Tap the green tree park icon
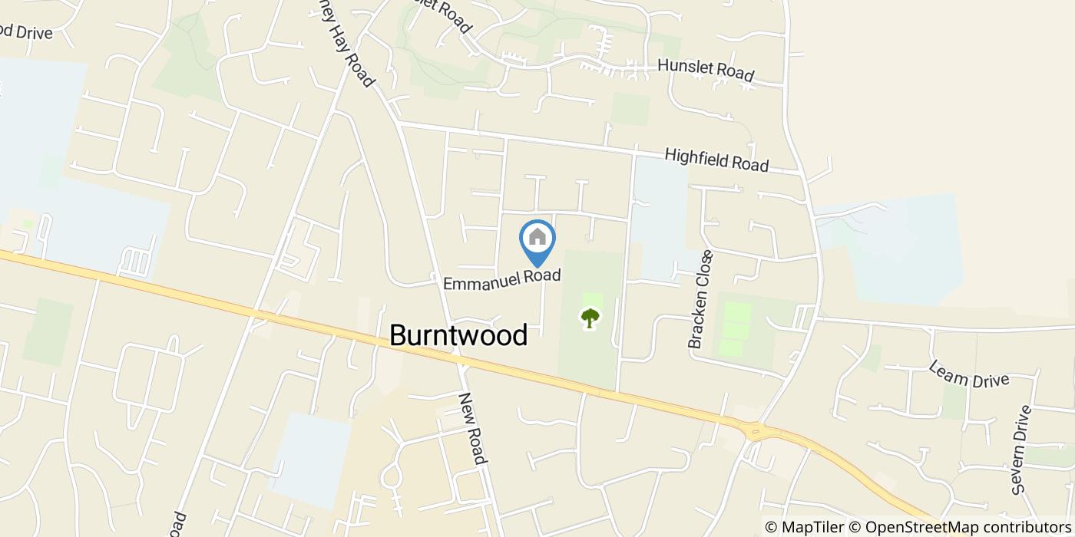(x=590, y=318)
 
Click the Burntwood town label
(x=458, y=335)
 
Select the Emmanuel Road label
(x=502, y=279)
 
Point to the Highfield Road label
(x=716, y=160)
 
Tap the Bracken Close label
(x=701, y=299)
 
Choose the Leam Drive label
(x=968, y=374)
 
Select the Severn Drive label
(x=1021, y=450)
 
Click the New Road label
(x=472, y=428)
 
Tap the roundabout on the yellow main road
(x=756, y=430)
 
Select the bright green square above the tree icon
(x=592, y=300)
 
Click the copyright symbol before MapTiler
(x=770, y=527)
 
